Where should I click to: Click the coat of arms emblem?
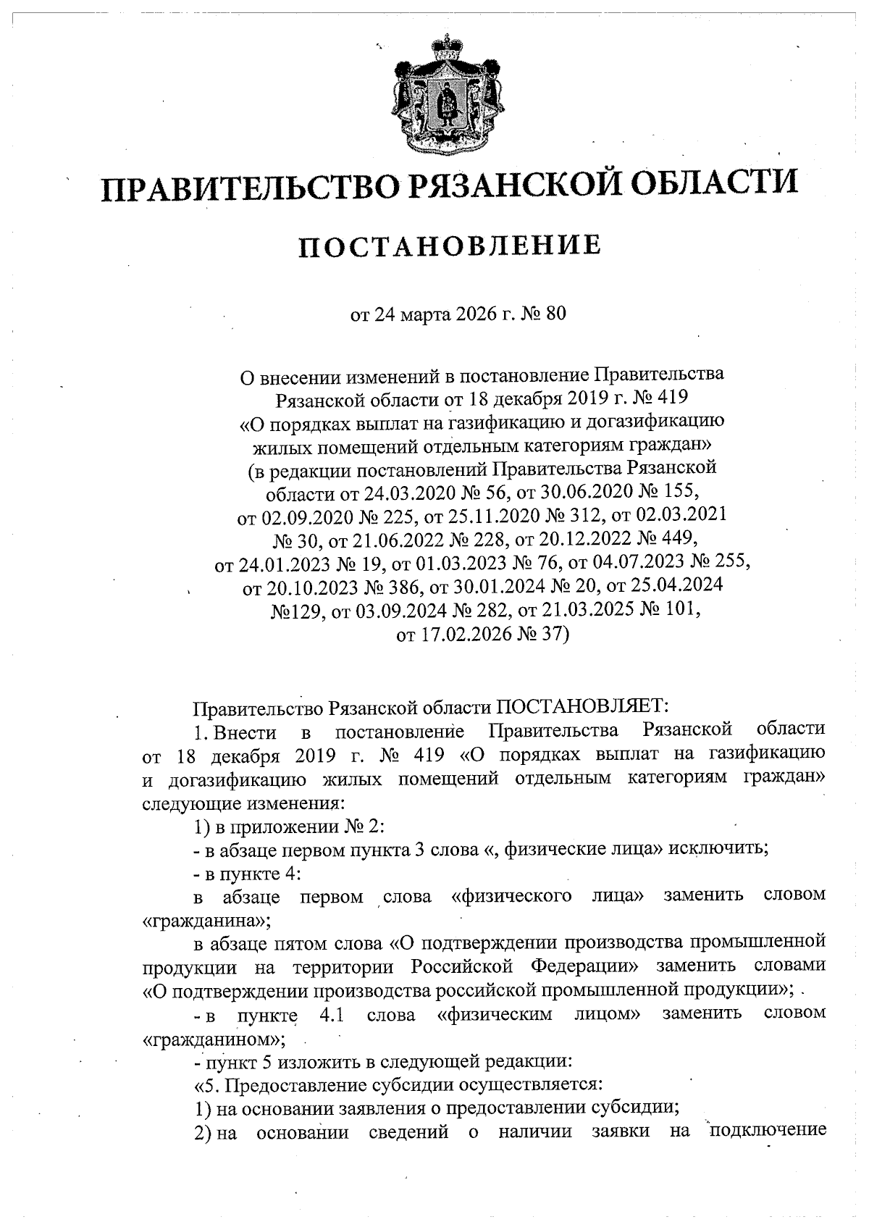(444, 95)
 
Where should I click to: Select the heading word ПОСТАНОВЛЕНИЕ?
(450, 246)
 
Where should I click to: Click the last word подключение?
(768, 1131)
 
